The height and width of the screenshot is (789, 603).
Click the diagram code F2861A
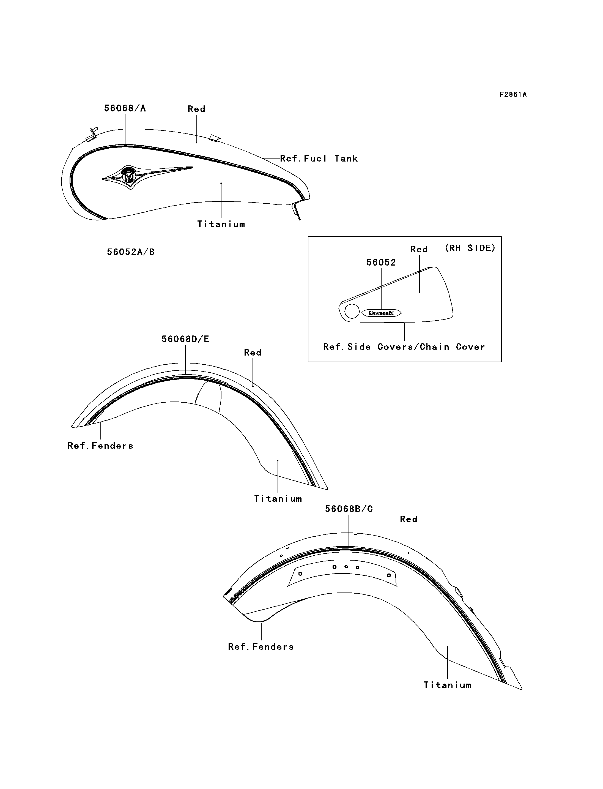coord(513,94)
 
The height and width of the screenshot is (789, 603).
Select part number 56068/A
coord(125,108)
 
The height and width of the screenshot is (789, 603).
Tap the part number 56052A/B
coord(131,252)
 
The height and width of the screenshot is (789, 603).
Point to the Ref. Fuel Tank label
coord(319,158)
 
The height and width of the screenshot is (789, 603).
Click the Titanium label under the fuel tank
coord(221,225)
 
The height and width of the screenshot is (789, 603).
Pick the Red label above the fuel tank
coord(196,109)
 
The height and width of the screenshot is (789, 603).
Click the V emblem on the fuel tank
coord(128,176)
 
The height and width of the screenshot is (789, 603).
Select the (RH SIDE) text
coord(470,248)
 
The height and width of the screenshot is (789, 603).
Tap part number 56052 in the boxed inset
coord(381,263)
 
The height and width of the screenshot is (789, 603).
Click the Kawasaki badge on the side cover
coord(381,313)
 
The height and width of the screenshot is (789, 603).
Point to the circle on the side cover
coord(352,311)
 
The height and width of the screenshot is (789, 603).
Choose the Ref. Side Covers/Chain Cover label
coord(404,347)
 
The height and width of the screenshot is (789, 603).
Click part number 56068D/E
coord(185,339)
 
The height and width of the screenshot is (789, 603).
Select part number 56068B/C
coord(349,509)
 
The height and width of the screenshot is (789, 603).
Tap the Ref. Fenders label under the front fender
coord(100,446)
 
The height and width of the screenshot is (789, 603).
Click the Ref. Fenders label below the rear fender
coord(261,647)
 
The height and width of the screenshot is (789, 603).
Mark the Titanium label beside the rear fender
coord(447,685)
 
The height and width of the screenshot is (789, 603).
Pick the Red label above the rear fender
coord(409,519)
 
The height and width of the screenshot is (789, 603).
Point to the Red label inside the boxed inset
coord(419,249)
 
